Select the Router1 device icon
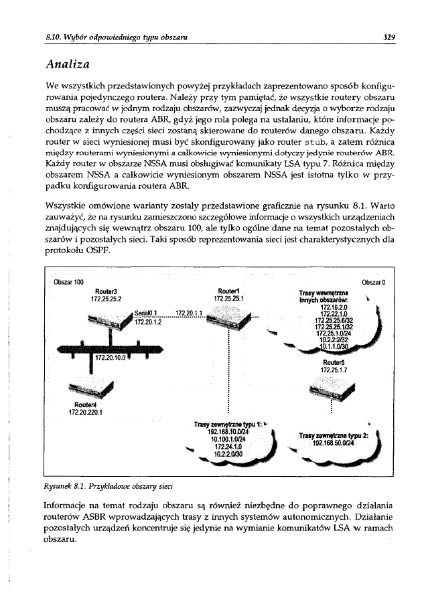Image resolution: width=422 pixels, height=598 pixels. tap(229, 329)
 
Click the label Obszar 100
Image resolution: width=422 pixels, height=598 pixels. tap(68, 281)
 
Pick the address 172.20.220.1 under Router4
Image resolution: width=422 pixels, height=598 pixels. tap(86, 412)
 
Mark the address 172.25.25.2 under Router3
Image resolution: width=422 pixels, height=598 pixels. tap(106, 298)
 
